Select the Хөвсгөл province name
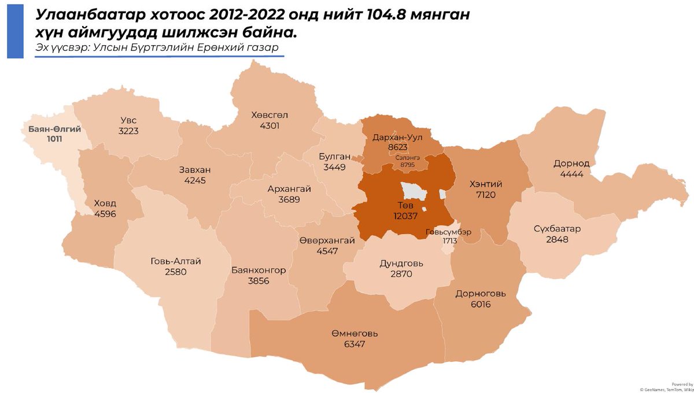[x=270, y=115]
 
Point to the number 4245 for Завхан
[x=194, y=180]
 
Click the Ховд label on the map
[x=105, y=203]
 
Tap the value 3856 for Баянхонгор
[x=259, y=280]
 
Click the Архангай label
[x=289, y=189]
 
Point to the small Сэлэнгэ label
[x=408, y=157]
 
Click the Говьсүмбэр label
[x=449, y=232]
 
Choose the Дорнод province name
[x=571, y=164]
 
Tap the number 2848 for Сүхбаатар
[x=557, y=239]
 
